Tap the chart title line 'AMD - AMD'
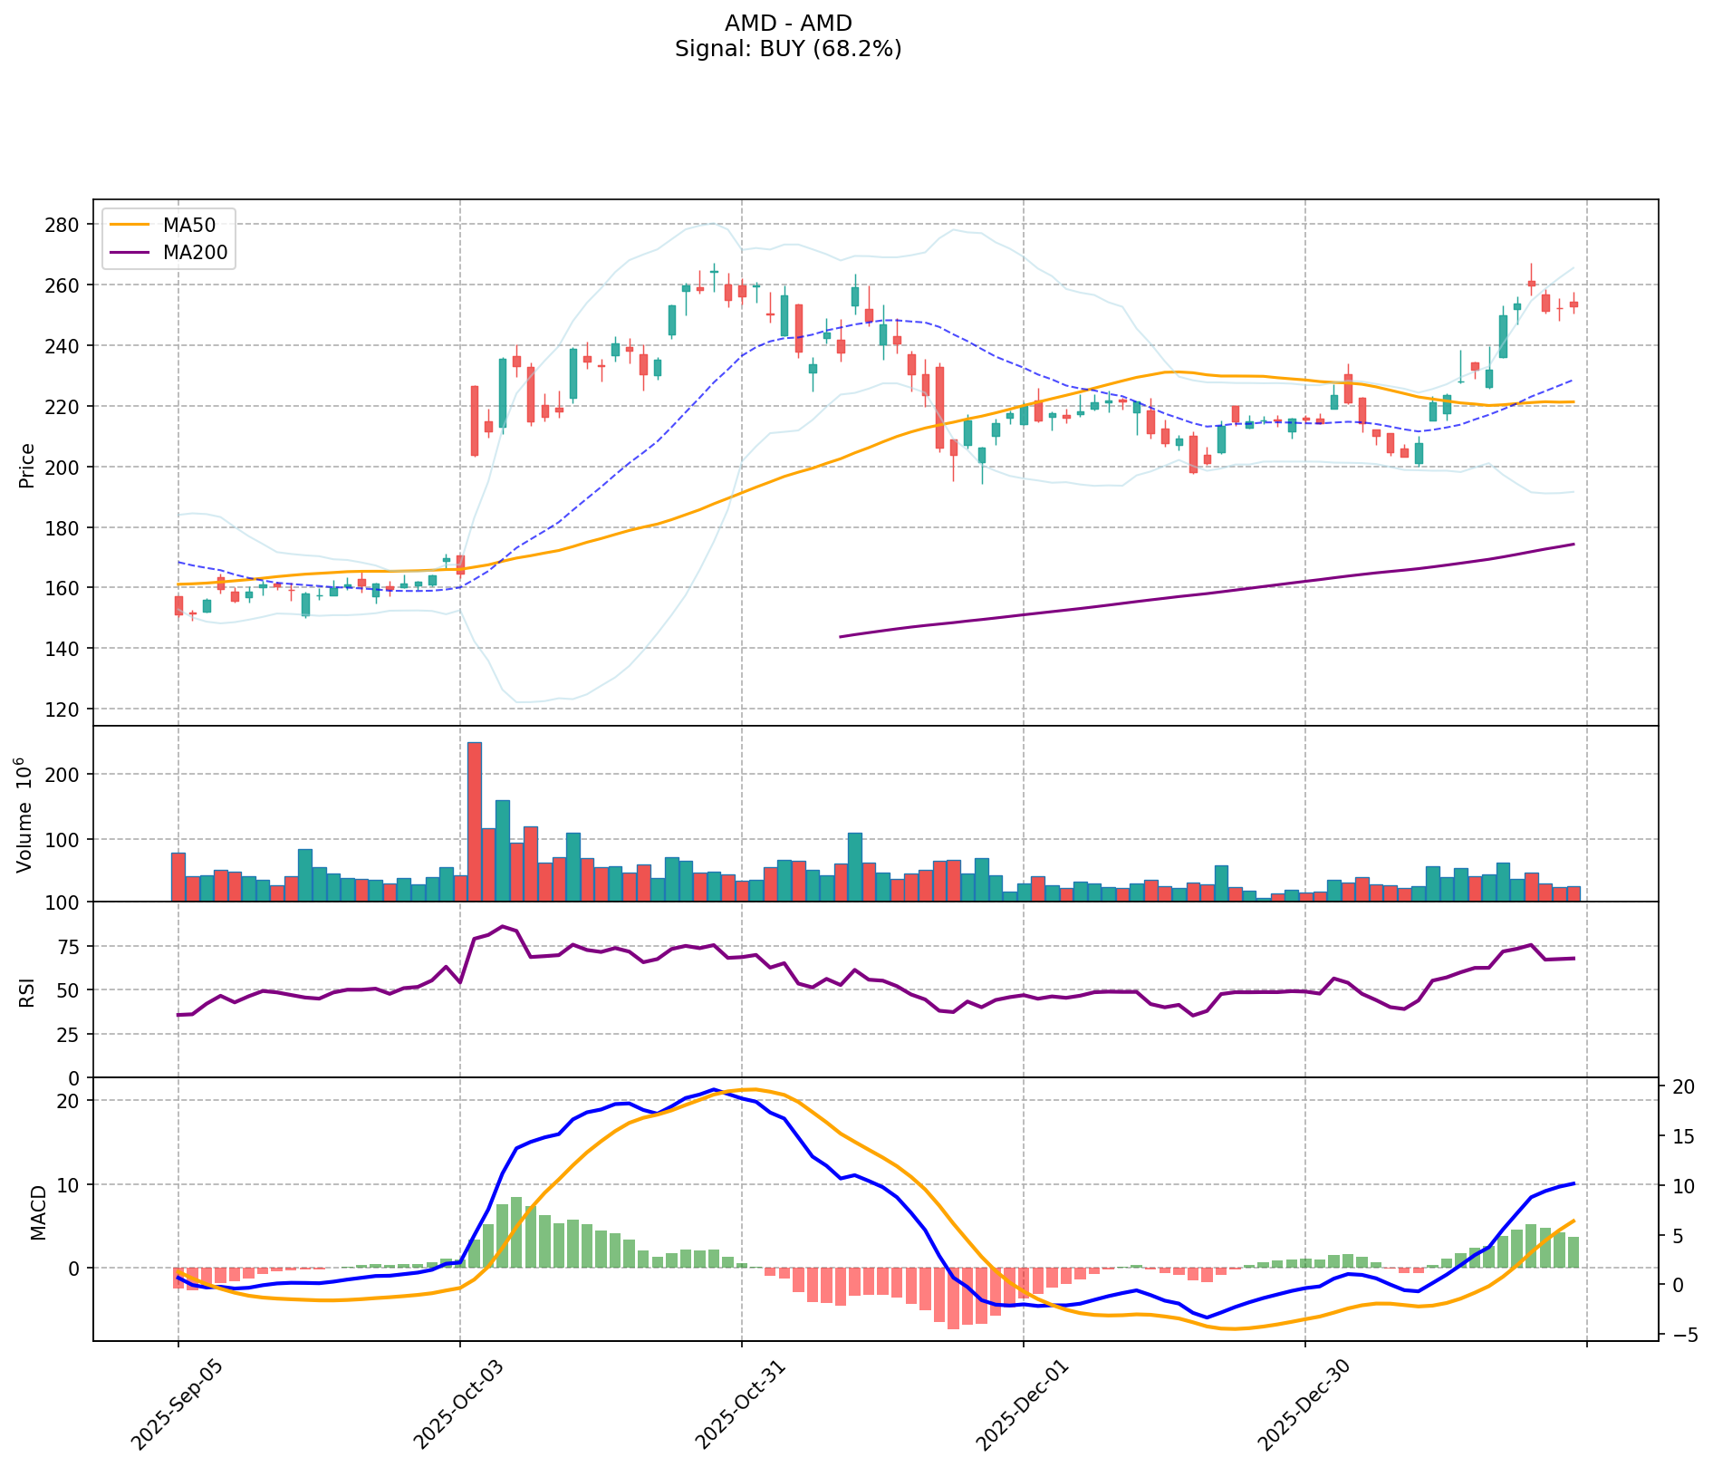coord(788,23)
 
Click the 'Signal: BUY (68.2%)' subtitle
coord(788,49)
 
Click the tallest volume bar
coord(475,821)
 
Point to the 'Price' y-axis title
coord(27,465)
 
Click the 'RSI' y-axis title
coord(27,991)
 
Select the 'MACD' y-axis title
coord(38,1212)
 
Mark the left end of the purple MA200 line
coord(841,637)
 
